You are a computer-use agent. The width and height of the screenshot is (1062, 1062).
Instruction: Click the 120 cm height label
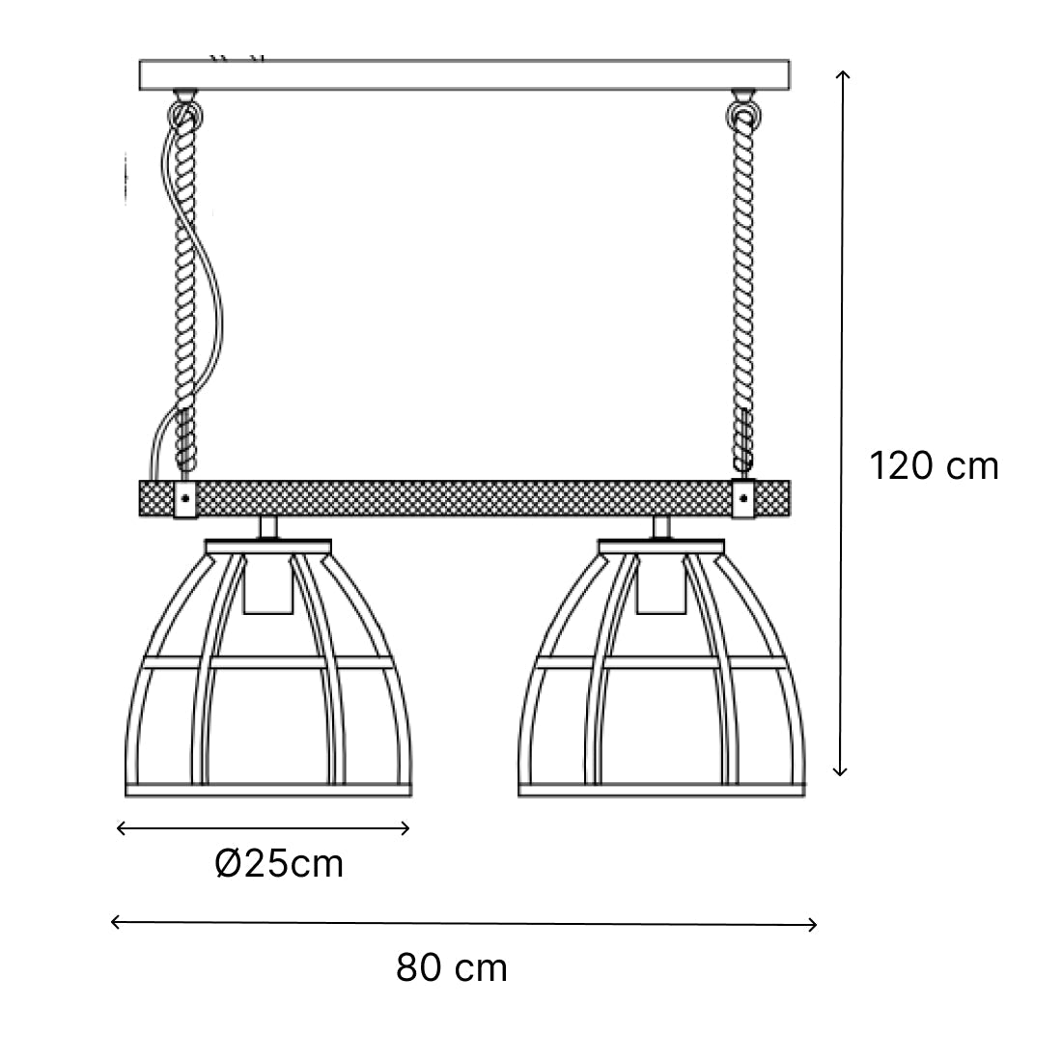point(934,466)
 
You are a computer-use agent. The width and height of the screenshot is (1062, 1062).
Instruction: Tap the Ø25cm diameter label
point(279,864)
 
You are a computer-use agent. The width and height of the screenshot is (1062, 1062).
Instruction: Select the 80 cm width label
point(452,967)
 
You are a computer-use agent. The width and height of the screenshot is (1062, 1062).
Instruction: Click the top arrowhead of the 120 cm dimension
point(842,74)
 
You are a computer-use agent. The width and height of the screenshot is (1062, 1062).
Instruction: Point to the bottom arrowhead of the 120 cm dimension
point(840,770)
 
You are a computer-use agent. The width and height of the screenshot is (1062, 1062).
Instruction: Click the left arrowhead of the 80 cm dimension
point(116,922)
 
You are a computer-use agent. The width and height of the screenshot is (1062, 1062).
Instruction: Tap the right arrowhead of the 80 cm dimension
point(811,925)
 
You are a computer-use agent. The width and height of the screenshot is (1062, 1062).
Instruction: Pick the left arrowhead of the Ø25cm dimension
point(122,827)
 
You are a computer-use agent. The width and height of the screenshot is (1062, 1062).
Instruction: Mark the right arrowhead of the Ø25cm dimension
point(405,827)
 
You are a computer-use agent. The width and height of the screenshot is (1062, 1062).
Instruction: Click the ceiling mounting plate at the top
point(464,74)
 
